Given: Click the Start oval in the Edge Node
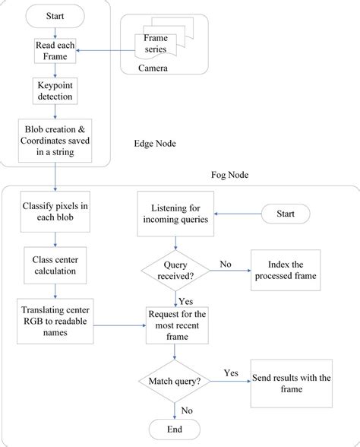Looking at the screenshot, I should (55, 15).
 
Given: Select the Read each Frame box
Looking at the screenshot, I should (55, 50).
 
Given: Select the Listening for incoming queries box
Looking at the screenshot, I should (176, 214).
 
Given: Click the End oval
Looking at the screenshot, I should (176, 429).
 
